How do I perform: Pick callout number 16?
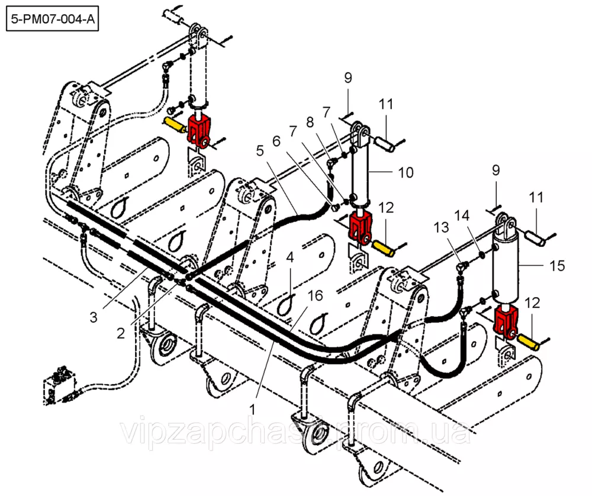click(x=314, y=295)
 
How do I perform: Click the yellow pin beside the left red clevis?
click(x=173, y=125)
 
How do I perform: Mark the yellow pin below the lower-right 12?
click(x=529, y=341)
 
